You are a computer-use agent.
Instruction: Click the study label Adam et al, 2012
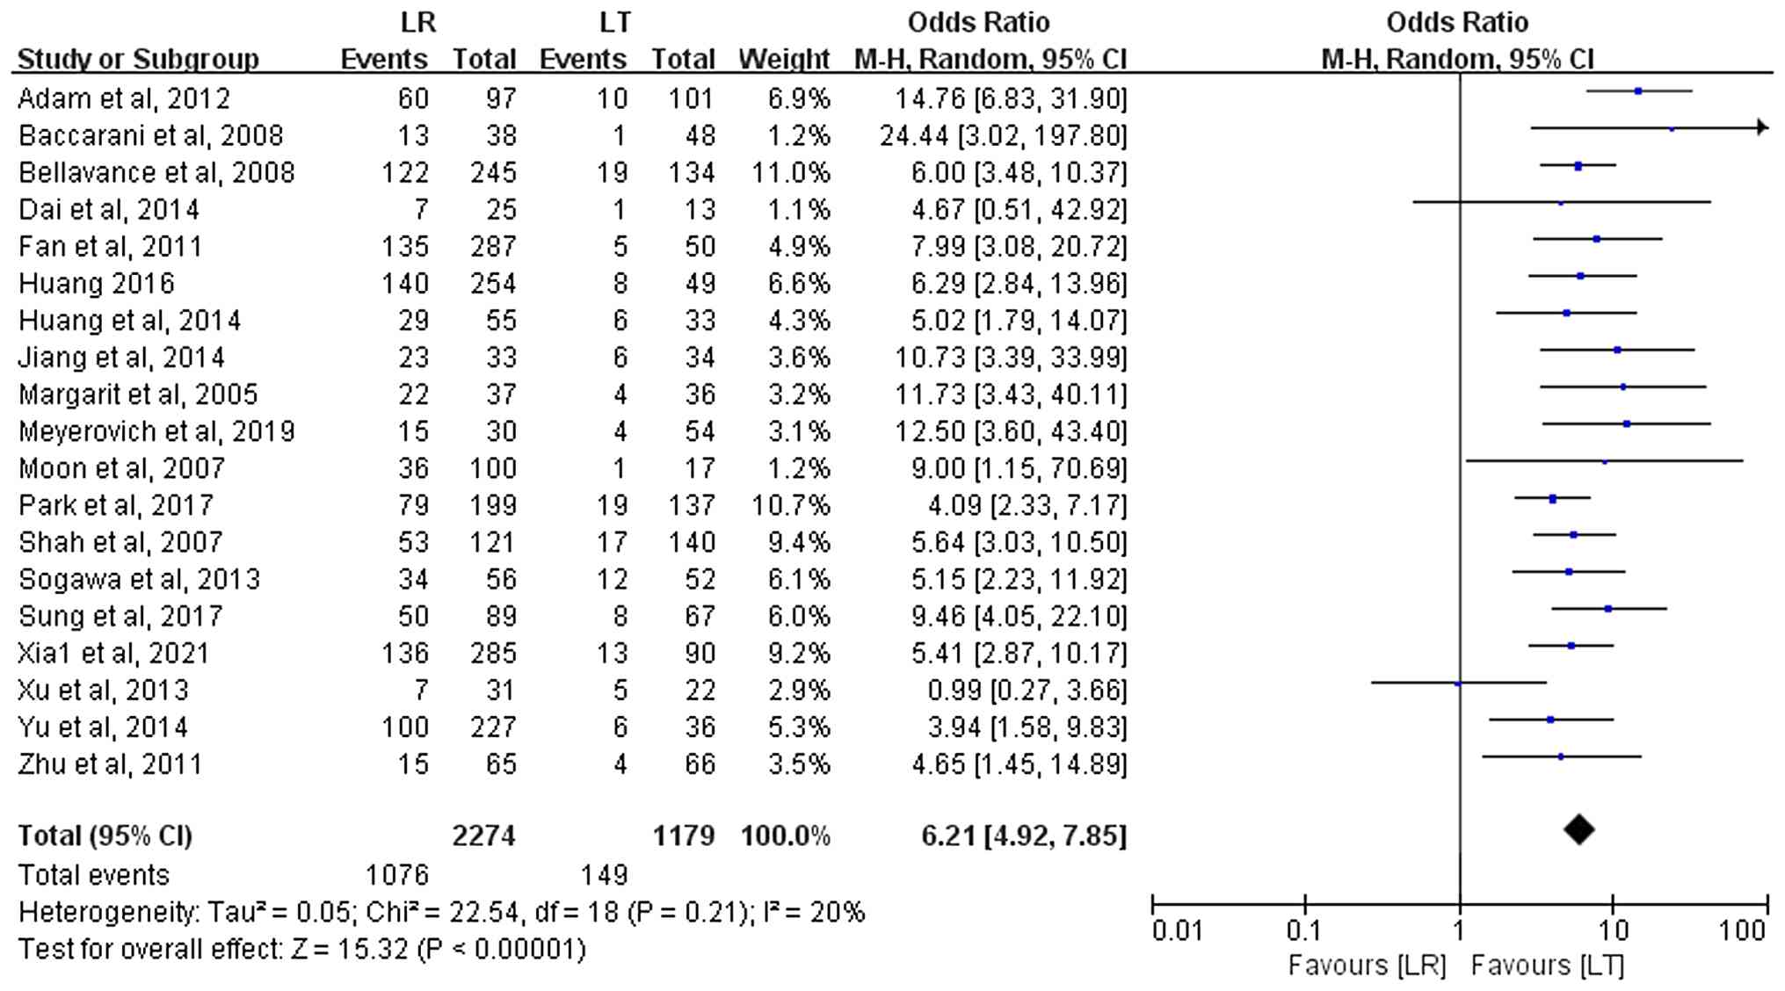[x=124, y=98]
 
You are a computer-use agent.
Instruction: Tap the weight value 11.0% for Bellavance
[x=790, y=172]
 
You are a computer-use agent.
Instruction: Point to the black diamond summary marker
[x=1579, y=830]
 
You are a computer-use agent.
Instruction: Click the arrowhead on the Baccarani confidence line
[x=1761, y=128]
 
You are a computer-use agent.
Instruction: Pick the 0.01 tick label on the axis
[x=1177, y=930]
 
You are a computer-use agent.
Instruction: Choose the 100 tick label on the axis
[x=1741, y=930]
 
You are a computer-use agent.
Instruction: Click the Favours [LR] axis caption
[x=1367, y=966]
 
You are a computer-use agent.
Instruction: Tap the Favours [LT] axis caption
[x=1547, y=966]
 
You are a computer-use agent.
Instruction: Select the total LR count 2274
[x=483, y=835]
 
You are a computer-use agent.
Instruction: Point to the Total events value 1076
[x=397, y=875]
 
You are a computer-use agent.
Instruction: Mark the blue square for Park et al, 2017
[x=1553, y=499]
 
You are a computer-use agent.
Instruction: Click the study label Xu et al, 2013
[x=104, y=691]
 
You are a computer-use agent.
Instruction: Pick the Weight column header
[x=784, y=60]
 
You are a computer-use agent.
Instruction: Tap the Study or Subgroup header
[x=138, y=60]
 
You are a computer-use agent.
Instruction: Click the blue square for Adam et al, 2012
[x=1638, y=91]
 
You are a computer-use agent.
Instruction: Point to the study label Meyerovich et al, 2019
[x=156, y=431]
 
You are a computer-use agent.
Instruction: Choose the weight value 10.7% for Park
[x=790, y=505]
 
